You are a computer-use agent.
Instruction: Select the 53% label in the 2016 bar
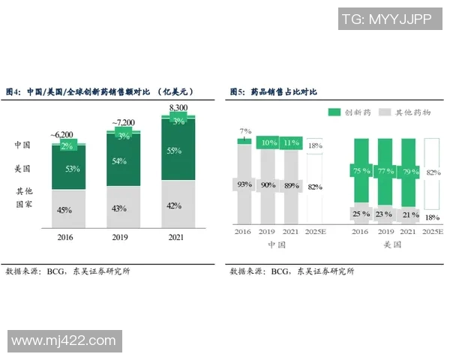pos(73,169)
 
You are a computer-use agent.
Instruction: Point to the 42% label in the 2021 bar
pos(172,205)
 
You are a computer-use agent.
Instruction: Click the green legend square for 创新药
pos(334,112)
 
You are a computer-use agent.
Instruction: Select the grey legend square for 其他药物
pos(385,112)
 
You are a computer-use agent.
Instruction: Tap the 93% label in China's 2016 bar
pos(244,184)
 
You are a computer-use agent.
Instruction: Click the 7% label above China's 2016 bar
pos(244,131)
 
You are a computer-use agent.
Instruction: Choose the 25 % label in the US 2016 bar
pos(361,214)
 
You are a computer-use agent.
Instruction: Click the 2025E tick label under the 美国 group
pos(433,232)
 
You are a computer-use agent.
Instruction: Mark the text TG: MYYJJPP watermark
pos(385,19)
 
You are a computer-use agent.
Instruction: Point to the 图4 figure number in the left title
pos(13,91)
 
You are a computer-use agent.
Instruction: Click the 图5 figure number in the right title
pos(238,91)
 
